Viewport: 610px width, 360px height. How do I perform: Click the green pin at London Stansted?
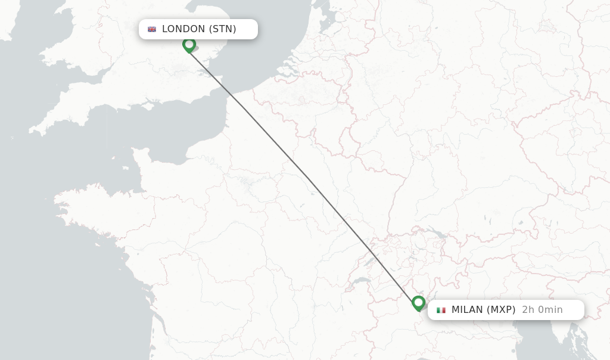189,45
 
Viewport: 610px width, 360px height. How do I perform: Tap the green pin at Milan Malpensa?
418,303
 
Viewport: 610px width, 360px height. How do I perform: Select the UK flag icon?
152,29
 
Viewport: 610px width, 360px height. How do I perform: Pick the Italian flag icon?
441,310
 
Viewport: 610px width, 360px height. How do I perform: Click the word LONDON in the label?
183,29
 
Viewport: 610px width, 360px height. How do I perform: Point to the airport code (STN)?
223,29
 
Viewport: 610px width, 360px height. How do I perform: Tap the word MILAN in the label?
467,310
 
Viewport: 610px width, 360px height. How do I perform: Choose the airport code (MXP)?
501,310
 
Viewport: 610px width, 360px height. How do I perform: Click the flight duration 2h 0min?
542,310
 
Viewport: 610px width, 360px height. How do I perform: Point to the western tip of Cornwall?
31,129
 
